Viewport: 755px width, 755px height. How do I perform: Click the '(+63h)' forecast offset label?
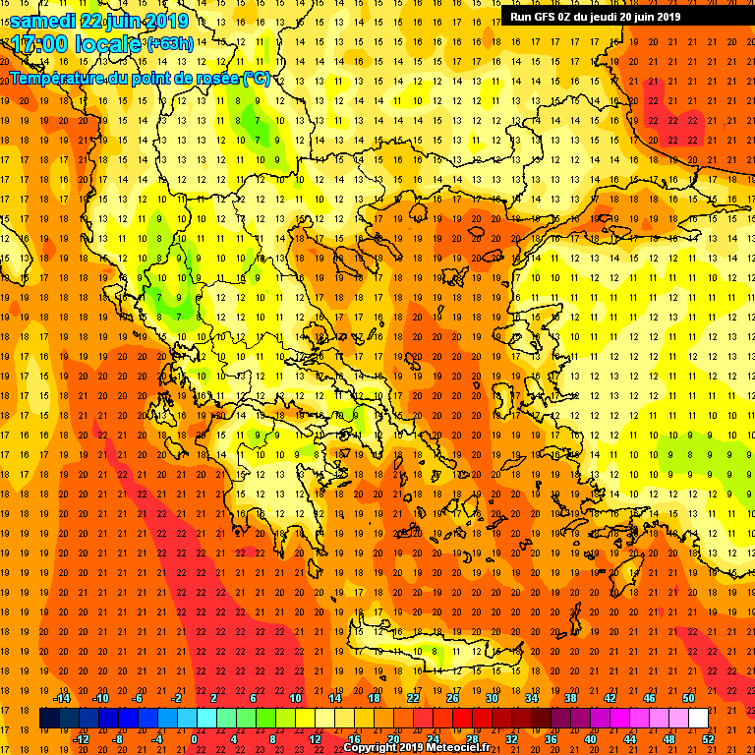[x=169, y=44]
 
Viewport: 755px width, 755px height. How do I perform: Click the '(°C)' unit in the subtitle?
[x=256, y=79]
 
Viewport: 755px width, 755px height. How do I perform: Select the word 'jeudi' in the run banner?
[x=609, y=16]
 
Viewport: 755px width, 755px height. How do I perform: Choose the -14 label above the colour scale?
[x=61, y=698]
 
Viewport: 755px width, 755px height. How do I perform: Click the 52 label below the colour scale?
[x=709, y=738]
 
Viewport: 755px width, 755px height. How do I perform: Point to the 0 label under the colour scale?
[x=194, y=738]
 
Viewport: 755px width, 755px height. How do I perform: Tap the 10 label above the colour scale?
[x=295, y=698]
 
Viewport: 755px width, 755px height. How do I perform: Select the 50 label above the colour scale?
[x=688, y=698]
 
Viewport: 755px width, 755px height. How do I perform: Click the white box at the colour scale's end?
[x=698, y=718]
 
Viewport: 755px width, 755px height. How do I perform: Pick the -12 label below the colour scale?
[x=81, y=738]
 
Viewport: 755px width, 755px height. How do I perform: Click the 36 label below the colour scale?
[x=552, y=738]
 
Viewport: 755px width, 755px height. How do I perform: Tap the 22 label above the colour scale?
[x=413, y=698]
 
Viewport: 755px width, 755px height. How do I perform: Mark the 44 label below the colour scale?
[x=630, y=738]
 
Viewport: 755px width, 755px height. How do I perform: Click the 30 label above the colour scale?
[x=492, y=698]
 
